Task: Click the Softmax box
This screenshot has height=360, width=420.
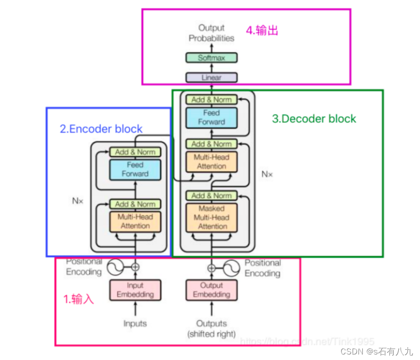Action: [212, 58]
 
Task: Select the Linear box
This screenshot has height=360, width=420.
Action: [212, 78]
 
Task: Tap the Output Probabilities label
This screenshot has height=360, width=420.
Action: [211, 33]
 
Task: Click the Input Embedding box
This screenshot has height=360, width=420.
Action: [135, 290]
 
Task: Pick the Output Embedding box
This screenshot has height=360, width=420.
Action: [212, 290]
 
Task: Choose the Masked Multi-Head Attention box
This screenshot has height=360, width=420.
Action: [212, 217]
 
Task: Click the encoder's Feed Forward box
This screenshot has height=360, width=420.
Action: [135, 169]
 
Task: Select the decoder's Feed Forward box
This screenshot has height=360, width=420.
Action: [212, 117]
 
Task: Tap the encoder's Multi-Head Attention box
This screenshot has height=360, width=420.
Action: [135, 221]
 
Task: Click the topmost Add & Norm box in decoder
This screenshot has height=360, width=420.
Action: [212, 99]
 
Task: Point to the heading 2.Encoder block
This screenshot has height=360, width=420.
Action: [101, 129]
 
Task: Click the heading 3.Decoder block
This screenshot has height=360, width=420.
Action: [314, 119]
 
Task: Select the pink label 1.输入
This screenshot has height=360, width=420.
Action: [79, 299]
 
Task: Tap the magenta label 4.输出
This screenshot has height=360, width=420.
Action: [262, 31]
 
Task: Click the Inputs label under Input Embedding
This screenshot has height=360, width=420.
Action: [135, 323]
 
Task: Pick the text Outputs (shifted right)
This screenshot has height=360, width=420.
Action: [212, 328]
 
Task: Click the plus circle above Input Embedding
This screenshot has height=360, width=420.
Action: [135, 267]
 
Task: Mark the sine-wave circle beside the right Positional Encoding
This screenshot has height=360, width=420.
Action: [231, 268]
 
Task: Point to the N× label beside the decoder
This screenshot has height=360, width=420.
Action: [267, 174]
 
